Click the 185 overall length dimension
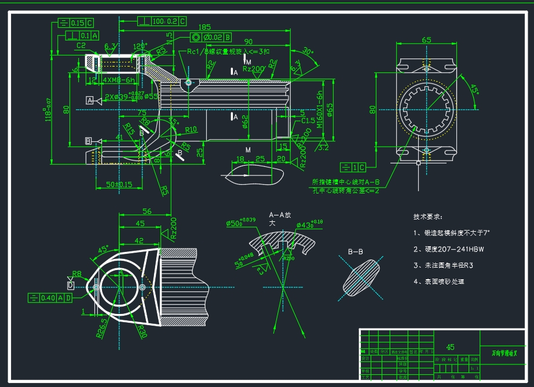click(204, 27)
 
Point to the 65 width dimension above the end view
click(426, 40)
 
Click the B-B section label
click(355, 251)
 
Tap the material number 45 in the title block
click(450, 347)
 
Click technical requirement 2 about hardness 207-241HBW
click(449, 249)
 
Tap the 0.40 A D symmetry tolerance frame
click(50, 298)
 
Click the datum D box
click(71, 286)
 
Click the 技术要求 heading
click(427, 217)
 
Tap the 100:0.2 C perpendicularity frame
click(162, 21)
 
